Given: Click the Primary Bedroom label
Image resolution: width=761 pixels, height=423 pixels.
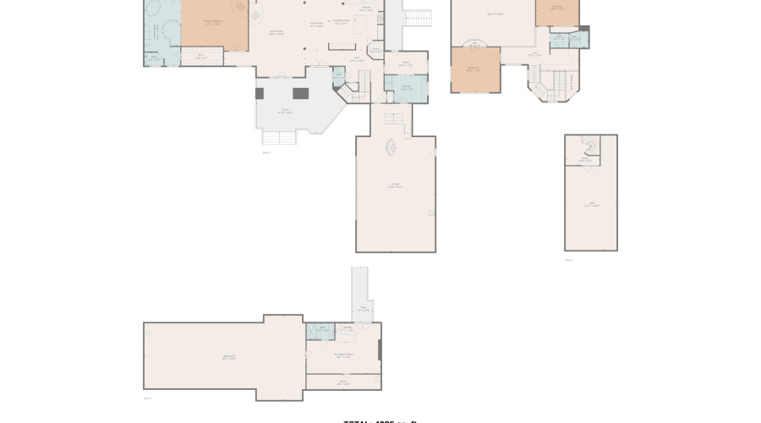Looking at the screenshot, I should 212,23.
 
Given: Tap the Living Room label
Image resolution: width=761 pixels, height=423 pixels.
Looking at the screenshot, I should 276,32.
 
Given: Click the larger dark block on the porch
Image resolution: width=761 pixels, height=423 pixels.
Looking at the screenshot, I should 300,93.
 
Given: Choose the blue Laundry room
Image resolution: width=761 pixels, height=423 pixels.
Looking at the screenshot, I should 406,88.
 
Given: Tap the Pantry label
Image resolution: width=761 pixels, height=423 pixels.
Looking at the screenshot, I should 375,50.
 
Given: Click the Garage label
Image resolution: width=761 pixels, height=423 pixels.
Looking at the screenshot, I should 395,186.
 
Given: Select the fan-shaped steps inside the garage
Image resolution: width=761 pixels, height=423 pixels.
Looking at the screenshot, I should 391,148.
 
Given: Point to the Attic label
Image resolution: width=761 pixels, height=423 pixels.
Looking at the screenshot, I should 591,206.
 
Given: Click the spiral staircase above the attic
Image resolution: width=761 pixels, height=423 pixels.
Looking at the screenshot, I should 591,146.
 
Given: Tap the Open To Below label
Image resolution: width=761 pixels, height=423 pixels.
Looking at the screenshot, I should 495,14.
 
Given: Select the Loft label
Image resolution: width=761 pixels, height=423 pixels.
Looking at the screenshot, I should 535,54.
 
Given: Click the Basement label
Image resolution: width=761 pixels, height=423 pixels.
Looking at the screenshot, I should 228,357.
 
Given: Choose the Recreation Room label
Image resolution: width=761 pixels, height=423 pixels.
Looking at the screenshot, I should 343,356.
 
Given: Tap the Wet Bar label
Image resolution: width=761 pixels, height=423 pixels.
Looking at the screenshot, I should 347,328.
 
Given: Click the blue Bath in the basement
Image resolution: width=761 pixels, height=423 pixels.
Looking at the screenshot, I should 320,331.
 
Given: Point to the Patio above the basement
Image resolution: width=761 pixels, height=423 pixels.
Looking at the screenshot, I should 363,310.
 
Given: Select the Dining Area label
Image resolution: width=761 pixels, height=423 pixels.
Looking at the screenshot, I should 316,24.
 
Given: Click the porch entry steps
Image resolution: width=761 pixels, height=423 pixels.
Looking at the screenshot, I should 278,137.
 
